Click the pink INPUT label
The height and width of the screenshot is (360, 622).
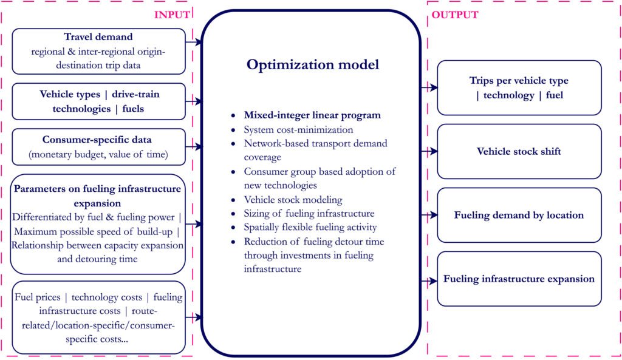tap(172, 15)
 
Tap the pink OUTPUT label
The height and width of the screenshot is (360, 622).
tap(455, 15)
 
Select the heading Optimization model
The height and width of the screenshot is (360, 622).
tap(313, 64)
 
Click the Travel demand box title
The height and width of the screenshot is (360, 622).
tap(98, 37)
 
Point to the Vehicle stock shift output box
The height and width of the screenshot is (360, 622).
tap(519, 151)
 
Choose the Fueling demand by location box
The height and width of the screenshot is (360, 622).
tap(519, 215)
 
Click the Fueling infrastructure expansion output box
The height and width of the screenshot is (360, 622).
tap(519, 279)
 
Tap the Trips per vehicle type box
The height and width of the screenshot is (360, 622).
tap(519, 87)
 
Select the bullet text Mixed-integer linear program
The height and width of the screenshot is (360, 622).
tap(312, 115)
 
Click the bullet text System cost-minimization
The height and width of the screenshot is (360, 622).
tap(298, 130)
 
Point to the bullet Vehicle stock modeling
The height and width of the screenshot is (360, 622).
tap(293, 200)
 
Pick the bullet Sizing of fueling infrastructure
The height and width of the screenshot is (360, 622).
tap(309, 214)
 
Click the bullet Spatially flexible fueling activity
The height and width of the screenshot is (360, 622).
tap(310, 228)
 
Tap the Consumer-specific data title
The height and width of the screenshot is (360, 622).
tap(97, 140)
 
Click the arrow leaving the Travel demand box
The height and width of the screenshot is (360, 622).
tap(194, 42)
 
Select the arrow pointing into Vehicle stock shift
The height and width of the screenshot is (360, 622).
tap(429, 151)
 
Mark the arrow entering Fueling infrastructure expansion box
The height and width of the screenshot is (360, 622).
tap(429, 281)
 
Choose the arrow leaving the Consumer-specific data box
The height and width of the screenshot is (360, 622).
tap(194, 147)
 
